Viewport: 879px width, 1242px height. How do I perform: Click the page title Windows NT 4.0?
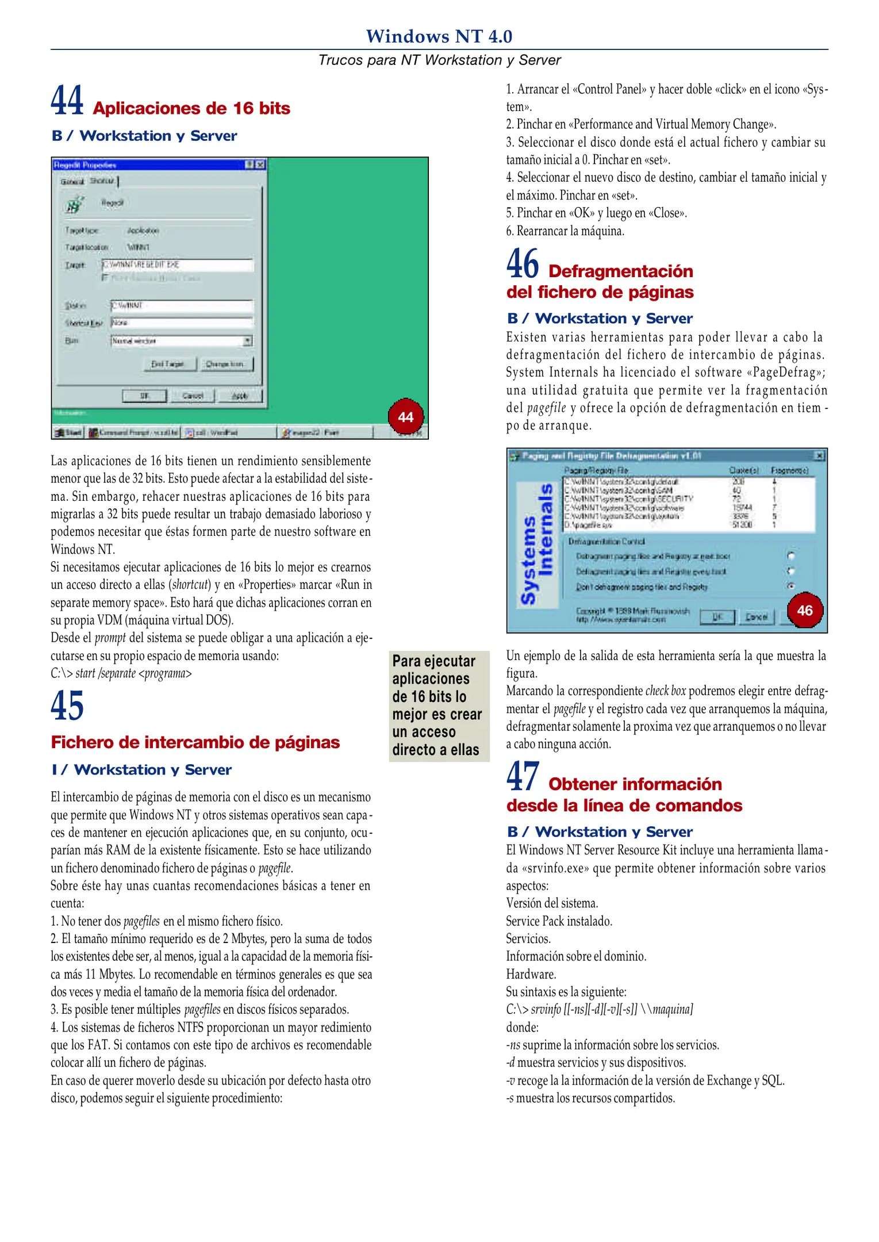(x=439, y=36)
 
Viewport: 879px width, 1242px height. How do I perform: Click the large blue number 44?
(x=67, y=101)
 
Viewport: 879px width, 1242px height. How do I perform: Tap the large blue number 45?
(x=67, y=706)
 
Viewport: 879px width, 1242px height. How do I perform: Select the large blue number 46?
(x=523, y=264)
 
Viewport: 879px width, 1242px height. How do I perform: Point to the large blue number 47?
(x=523, y=776)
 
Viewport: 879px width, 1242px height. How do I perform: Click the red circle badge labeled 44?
(x=406, y=417)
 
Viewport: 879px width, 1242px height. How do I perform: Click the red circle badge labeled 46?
(x=805, y=610)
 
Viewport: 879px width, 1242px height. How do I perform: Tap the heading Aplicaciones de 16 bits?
(x=191, y=109)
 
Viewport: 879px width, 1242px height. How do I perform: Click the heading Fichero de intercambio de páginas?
(x=195, y=742)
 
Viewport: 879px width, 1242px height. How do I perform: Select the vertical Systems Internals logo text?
(x=537, y=543)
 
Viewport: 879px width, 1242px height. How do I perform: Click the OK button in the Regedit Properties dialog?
(x=144, y=396)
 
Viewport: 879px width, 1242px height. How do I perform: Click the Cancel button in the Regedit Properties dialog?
(x=193, y=396)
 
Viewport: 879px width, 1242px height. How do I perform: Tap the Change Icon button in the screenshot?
(x=225, y=364)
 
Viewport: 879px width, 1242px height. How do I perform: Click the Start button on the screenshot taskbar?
(x=68, y=432)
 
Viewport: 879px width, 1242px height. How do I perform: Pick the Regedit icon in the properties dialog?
(x=74, y=204)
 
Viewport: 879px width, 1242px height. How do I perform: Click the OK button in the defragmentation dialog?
(x=717, y=616)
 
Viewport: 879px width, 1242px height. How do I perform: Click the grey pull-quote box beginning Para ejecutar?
(x=439, y=706)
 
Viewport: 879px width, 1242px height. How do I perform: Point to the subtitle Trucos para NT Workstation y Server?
(x=439, y=60)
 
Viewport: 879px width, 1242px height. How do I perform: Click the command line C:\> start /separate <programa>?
(x=121, y=673)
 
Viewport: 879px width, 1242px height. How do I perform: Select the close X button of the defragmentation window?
(x=819, y=456)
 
